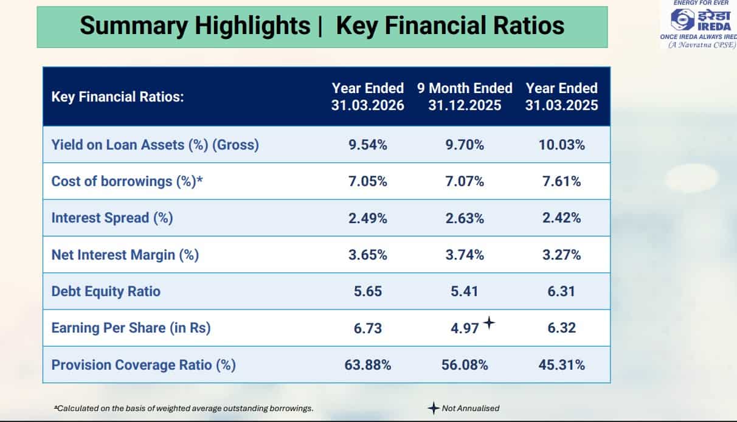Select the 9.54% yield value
pyautogui.click(x=367, y=145)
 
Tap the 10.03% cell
pyautogui.click(x=561, y=145)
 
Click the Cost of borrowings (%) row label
pyautogui.click(x=127, y=181)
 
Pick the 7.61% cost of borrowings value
pyautogui.click(x=561, y=181)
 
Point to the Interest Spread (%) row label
pyautogui.click(x=112, y=218)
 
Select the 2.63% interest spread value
pyautogui.click(x=465, y=218)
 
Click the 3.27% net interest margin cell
pyautogui.click(x=561, y=255)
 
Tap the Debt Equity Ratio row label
pyautogui.click(x=106, y=291)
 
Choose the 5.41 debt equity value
pyautogui.click(x=464, y=291)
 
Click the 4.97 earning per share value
pyautogui.click(x=465, y=328)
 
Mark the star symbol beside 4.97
pyautogui.click(x=489, y=323)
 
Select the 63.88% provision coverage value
pyautogui.click(x=367, y=365)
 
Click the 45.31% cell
pyautogui.click(x=561, y=365)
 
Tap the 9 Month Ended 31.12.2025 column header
pyautogui.click(x=465, y=97)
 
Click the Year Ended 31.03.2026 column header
pyautogui.click(x=367, y=97)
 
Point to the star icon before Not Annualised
pyautogui.click(x=434, y=408)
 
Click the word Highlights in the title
pyautogui.click(x=252, y=26)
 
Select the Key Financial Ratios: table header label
pyautogui.click(x=117, y=97)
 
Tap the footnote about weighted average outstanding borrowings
pyautogui.click(x=184, y=409)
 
